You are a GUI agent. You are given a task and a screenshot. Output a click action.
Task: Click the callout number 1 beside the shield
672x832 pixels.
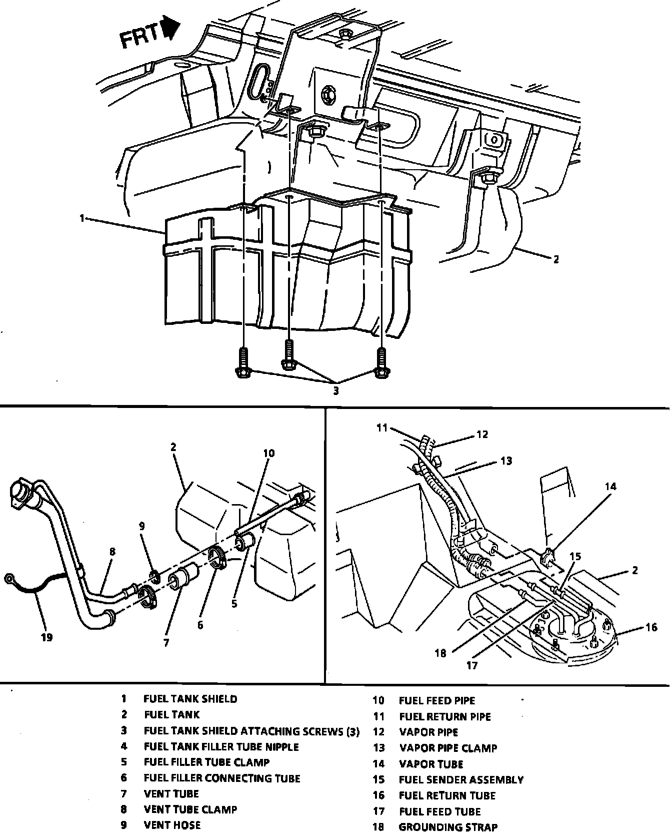click(81, 218)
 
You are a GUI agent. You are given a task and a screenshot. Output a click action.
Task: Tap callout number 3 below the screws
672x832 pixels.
click(336, 391)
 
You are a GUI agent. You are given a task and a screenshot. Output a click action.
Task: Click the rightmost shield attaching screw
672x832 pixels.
click(381, 362)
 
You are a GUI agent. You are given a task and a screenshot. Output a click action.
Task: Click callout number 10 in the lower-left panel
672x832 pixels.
click(268, 454)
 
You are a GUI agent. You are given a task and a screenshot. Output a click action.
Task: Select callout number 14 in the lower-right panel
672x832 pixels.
click(610, 486)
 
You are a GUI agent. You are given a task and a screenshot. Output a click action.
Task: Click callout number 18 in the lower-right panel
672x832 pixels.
click(440, 653)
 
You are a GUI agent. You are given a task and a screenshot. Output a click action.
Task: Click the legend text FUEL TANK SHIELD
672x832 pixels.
click(190, 699)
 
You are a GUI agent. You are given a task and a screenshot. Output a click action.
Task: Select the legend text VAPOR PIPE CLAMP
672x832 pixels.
click(448, 748)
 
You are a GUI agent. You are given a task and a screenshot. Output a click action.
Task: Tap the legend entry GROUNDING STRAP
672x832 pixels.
click(448, 827)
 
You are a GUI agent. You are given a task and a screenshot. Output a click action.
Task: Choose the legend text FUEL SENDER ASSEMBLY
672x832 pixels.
click(461, 779)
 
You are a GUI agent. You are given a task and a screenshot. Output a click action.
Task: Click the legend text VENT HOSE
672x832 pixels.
click(172, 824)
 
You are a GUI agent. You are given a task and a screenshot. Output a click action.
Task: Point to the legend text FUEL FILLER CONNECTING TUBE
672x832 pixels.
click(222, 778)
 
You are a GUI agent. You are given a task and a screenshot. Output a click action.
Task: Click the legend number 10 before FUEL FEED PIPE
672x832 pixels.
click(378, 700)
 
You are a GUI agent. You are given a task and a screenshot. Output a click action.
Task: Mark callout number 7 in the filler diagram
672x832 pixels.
click(166, 643)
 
